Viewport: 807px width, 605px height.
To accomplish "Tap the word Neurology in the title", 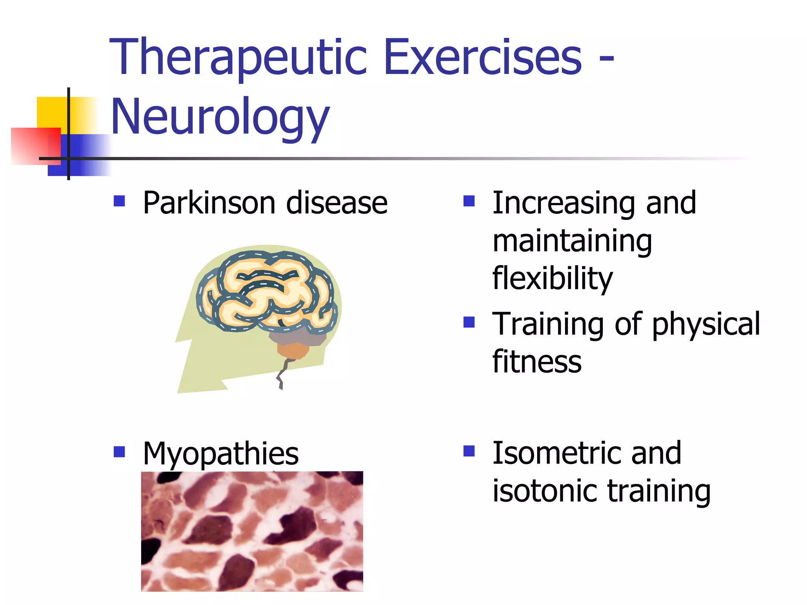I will click(220, 117).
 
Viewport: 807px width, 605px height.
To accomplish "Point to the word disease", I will click(337, 203).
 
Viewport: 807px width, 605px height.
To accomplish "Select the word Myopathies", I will click(221, 454).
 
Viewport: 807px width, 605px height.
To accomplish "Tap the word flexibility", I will click(552, 278).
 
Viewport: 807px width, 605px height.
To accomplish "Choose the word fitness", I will click(537, 361).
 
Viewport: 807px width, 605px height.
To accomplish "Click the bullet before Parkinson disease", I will click(119, 201).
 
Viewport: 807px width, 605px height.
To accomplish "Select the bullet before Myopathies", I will click(119, 451).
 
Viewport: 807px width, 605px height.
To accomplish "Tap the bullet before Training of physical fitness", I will click(469, 322).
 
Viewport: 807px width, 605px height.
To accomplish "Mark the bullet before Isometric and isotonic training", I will click(469, 451).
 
